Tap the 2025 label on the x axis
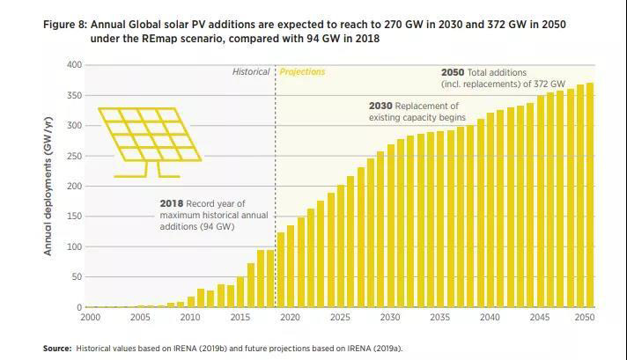(339, 317)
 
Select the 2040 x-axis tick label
(491, 317)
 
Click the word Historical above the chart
(251, 72)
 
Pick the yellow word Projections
(302, 72)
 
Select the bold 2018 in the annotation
(172, 204)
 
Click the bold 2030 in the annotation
(380, 106)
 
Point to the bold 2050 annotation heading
(453, 72)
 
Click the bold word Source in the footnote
(57, 349)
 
